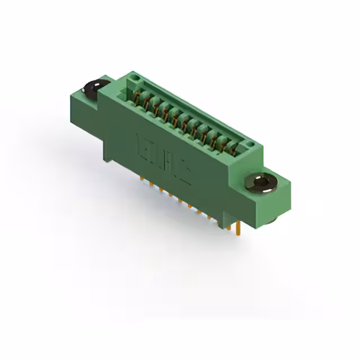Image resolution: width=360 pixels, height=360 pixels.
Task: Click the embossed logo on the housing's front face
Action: [163, 157]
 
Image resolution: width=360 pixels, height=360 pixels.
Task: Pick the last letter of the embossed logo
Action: [184, 172]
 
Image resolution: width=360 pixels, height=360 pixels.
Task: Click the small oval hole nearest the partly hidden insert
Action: [134, 79]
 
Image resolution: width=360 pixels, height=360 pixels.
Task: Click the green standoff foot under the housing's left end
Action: [107, 152]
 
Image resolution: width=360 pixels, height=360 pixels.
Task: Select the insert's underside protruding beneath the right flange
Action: [270, 220]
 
